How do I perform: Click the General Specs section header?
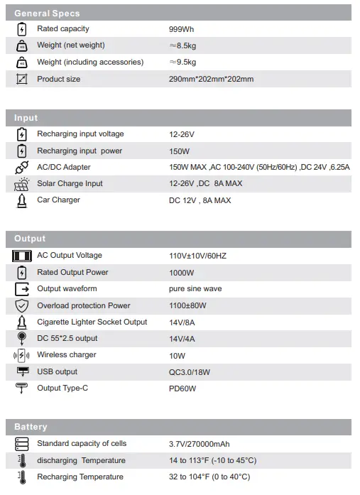pos(47,13)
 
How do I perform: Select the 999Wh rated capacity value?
pos(181,29)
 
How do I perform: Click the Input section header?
pos(26,118)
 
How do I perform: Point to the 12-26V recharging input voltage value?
pos(182,134)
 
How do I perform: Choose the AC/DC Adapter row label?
pos(64,167)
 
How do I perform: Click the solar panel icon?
pos(21,184)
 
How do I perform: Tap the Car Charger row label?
pos(58,200)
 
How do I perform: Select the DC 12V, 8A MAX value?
pos(200,200)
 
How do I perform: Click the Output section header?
pos(30,239)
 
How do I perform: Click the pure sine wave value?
pos(195,289)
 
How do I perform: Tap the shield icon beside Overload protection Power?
pos(21,305)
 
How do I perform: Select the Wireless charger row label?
pos(67,355)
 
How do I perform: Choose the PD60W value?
pos(182,388)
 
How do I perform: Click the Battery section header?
pos(31,427)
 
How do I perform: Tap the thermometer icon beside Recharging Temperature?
pos(21,477)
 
